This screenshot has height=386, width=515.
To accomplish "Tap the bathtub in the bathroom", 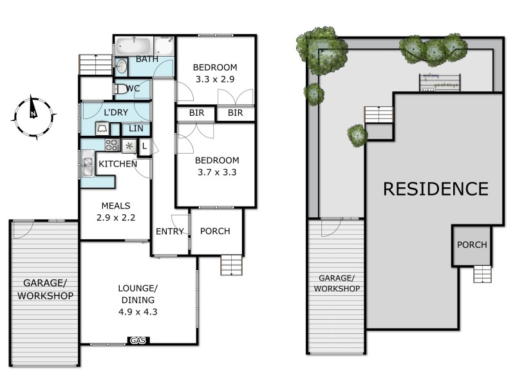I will click(133, 47).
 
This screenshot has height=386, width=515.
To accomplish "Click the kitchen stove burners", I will click(112, 145).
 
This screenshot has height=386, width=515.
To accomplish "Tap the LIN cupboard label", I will click(135, 129).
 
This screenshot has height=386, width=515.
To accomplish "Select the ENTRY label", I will click(170, 232).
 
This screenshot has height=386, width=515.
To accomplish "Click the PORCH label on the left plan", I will click(215, 232).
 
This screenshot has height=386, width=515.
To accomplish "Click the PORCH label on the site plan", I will click(472, 245).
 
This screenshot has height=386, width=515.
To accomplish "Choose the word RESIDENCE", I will click(436, 189).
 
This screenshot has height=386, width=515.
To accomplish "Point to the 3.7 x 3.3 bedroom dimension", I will click(217, 172).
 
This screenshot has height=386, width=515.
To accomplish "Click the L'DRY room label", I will click(116, 113).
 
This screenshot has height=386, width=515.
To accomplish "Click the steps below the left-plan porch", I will click(229, 264).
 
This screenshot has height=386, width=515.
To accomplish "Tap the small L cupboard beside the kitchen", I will click(144, 146).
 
